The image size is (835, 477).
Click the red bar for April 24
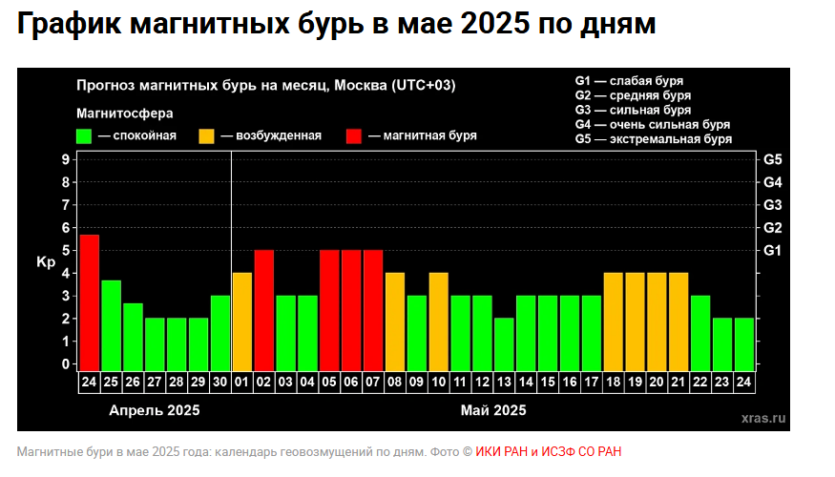[90, 301]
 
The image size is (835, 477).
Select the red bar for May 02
[264, 308]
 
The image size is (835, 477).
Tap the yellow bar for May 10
[439, 320]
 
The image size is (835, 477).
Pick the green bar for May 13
[504, 342]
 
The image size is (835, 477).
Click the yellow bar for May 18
[614, 320]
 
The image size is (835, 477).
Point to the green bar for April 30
[220, 330]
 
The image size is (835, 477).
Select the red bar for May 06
[351, 308]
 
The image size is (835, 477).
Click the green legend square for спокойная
[85, 135]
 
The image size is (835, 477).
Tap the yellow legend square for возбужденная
[206, 135]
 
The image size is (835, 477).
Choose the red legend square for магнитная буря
[355, 135]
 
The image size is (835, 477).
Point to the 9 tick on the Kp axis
[67, 159]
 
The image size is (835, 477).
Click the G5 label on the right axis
[773, 159]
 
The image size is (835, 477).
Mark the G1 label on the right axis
[773, 250]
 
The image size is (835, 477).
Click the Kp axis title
[46, 261]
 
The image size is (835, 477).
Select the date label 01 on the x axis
[242, 381]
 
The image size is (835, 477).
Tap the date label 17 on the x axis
[592, 381]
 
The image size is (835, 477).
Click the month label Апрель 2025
[156, 410]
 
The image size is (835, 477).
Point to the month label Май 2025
[493, 410]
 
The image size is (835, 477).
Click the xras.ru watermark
[762, 417]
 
